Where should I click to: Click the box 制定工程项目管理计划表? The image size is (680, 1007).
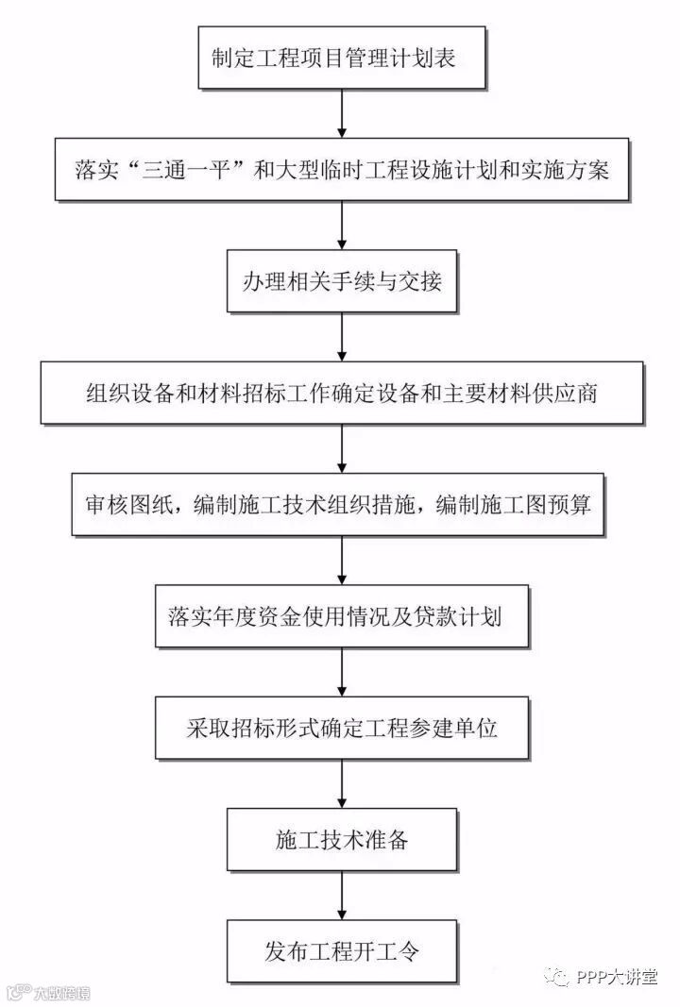pos(342,59)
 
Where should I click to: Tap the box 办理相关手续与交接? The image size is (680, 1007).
pos(342,281)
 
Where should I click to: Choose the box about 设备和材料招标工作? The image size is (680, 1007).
pos(342,392)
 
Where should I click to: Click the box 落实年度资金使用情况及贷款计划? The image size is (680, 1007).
pos(342,617)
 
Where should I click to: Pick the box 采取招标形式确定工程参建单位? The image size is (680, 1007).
pos(342,728)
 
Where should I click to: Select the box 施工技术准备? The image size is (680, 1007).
pos(342,839)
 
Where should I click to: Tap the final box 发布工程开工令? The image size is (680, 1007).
pos(342,949)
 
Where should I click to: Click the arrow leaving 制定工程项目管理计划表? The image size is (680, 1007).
pos(342,114)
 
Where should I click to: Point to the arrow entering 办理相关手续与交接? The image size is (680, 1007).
pos(342,226)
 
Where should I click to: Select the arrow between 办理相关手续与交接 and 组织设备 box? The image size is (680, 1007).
pos(342,336)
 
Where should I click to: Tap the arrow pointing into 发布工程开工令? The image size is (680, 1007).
pos(342,895)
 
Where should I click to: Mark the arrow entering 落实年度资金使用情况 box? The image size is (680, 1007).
pos(342,561)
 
